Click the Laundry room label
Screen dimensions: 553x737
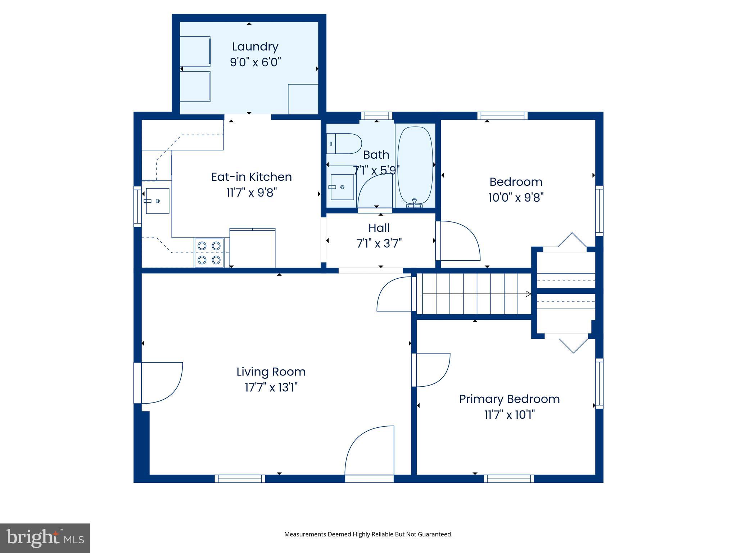coord(255,47)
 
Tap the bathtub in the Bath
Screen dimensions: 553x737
coord(415,166)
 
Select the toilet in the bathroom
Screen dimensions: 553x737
coord(344,144)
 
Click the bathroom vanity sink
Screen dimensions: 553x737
coord(342,187)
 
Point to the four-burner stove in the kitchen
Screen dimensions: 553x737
coord(209,253)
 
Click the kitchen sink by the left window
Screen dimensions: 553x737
coord(157,201)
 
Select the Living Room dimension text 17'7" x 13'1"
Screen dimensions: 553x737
coord(271,388)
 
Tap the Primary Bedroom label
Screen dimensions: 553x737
coord(509,399)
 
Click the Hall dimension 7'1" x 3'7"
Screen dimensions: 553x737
coord(379,244)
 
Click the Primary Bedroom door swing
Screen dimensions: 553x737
coord(432,370)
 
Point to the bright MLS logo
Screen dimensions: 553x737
coord(45,538)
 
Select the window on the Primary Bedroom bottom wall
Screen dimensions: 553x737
coord(508,478)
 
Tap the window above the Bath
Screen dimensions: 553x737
coord(376,116)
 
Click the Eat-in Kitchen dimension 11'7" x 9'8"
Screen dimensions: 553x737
coord(251,193)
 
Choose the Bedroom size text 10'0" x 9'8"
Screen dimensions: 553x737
coord(516,198)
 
